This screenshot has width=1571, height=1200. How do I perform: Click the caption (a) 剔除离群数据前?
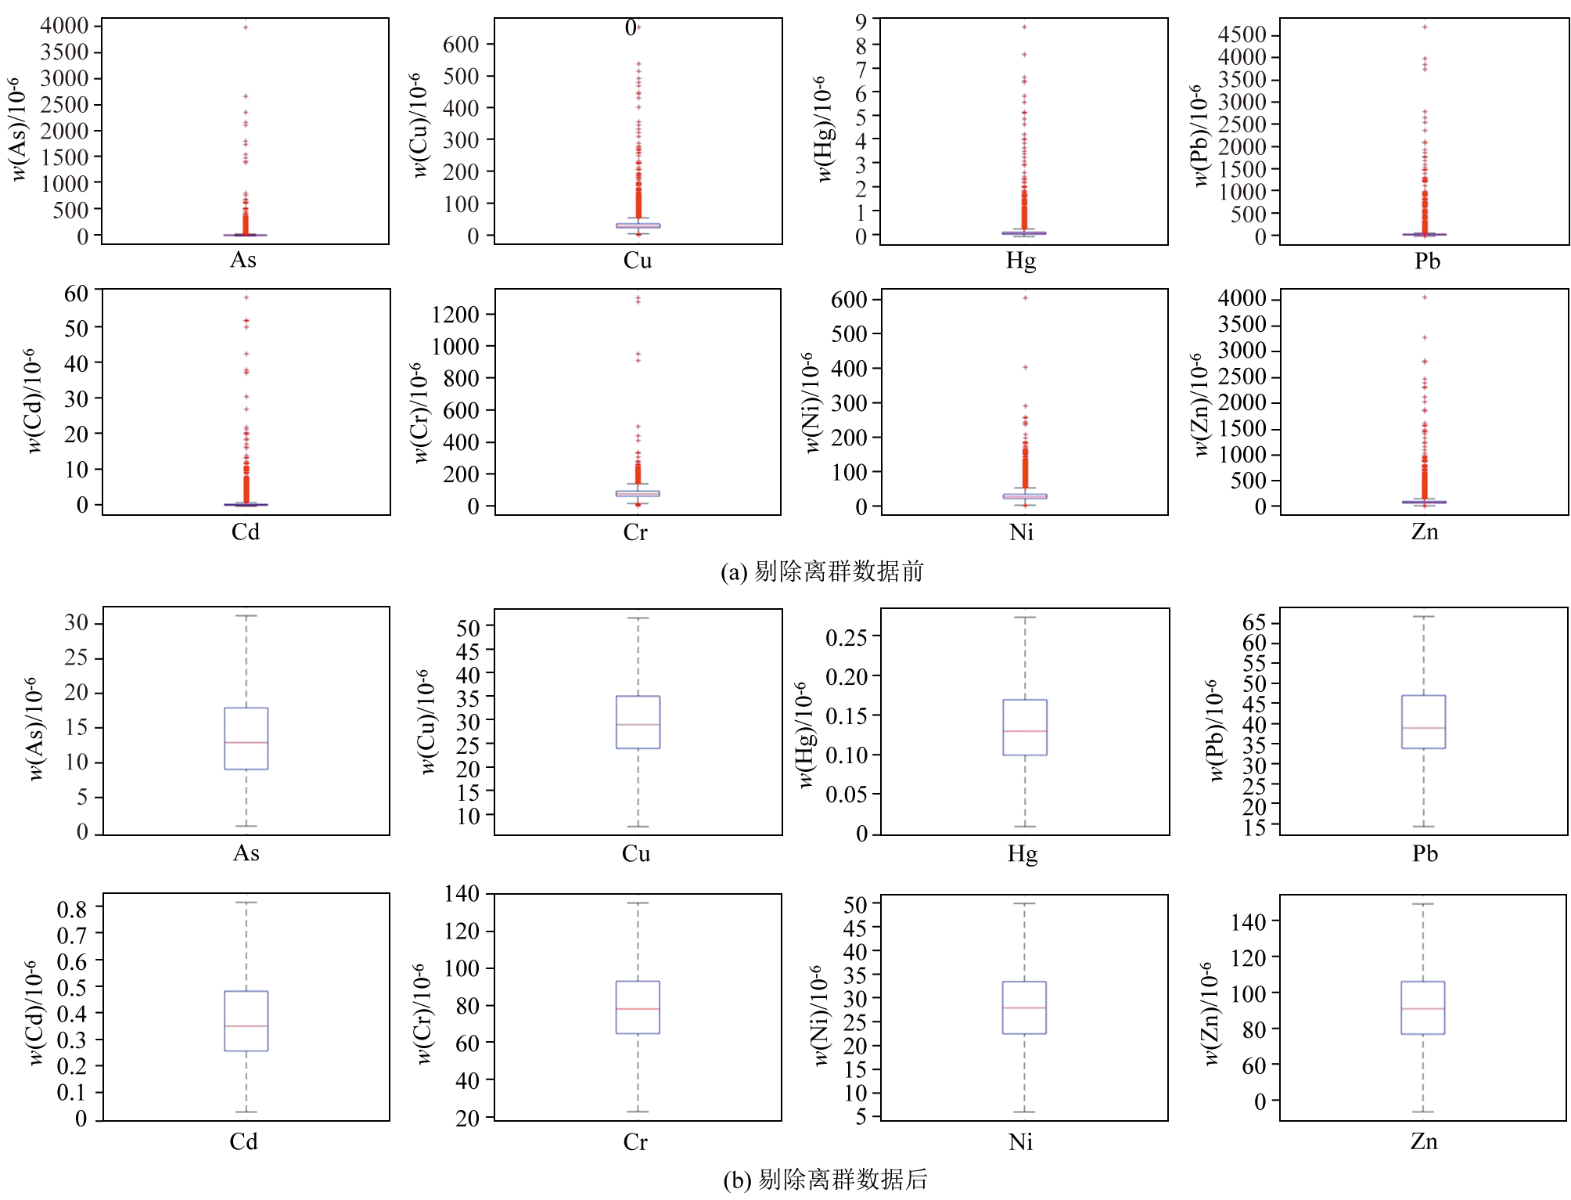click(x=821, y=571)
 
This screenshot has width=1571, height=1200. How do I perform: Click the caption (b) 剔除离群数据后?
click(x=825, y=1179)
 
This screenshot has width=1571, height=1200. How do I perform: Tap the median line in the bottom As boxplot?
click(x=246, y=742)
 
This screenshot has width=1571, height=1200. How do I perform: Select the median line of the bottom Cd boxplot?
click(x=246, y=1025)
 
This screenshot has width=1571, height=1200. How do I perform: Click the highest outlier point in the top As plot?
click(x=246, y=27)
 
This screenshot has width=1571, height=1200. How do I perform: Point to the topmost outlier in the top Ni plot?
click(x=1025, y=297)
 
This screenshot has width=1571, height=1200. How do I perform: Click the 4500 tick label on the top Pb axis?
click(x=1242, y=34)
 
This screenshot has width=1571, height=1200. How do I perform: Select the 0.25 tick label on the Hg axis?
click(x=847, y=637)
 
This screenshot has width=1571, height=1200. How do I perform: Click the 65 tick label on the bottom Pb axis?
click(x=1254, y=623)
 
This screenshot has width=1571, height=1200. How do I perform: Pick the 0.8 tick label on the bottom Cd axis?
click(x=72, y=909)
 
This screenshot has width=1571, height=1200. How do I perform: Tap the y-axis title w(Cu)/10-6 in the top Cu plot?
click(x=420, y=125)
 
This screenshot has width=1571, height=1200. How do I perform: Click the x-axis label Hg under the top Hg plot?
click(x=1021, y=261)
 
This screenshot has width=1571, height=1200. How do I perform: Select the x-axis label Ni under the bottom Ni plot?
click(x=1021, y=1142)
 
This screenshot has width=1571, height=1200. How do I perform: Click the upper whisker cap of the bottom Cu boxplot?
click(x=638, y=618)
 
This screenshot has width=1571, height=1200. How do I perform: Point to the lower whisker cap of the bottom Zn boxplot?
click(x=1423, y=1112)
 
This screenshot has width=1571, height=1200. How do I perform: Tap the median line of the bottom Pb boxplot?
click(x=1423, y=728)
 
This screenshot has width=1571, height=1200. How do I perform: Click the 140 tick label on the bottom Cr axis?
click(x=462, y=893)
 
